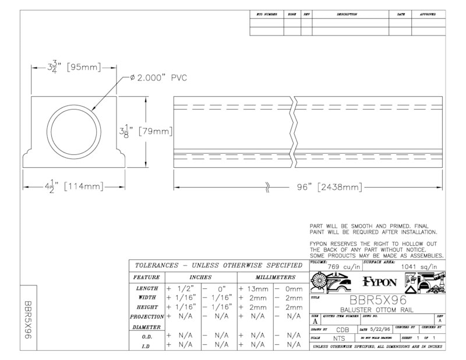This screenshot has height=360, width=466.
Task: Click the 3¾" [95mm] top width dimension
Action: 74,66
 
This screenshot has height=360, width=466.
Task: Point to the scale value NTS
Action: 340,338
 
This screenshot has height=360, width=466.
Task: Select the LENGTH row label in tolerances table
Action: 146,288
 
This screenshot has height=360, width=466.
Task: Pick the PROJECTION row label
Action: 146,316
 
